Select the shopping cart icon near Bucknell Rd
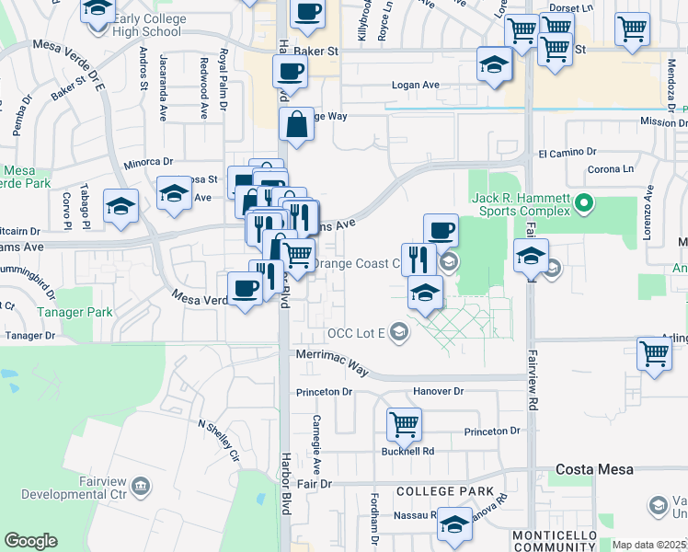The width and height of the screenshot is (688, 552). pyautogui.click(x=404, y=424)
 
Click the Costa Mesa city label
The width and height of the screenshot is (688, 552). pyautogui.click(x=595, y=469)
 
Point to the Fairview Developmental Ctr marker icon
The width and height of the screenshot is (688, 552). pyautogui.click(x=141, y=485)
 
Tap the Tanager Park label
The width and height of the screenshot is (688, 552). pyautogui.click(x=76, y=312)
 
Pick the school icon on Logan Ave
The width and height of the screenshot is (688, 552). pyautogui.click(x=494, y=64)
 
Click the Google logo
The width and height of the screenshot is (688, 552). pyautogui.click(x=30, y=541)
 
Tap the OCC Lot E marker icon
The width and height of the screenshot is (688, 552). pyautogui.click(x=398, y=331)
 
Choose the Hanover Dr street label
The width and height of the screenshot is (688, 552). pyautogui.click(x=439, y=391)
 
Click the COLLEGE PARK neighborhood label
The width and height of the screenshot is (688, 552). pyautogui.click(x=445, y=492)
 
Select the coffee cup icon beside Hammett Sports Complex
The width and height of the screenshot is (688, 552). pyautogui.click(x=441, y=230)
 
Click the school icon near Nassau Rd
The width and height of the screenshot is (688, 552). pyautogui.click(x=453, y=524)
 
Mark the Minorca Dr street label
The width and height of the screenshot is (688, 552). pyautogui.click(x=148, y=162)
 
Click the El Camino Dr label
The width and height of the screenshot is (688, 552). pyautogui.click(x=568, y=152)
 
